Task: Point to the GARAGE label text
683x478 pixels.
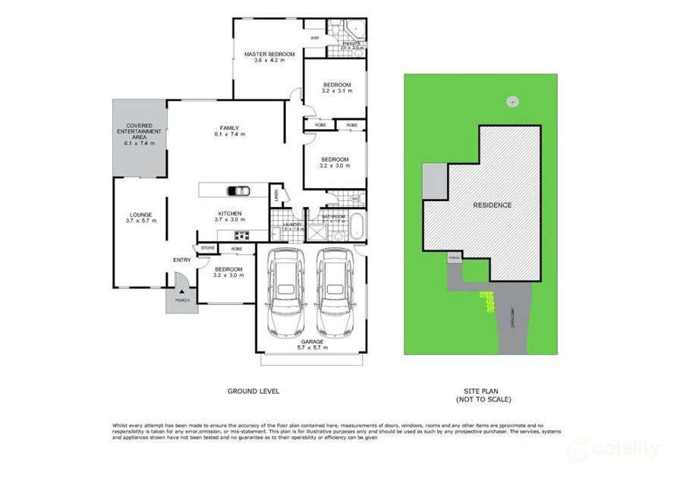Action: [x=312, y=344]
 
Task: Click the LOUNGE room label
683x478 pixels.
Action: [x=140, y=218]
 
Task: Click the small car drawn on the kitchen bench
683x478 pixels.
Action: [x=239, y=191]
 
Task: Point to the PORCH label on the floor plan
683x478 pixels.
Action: [x=182, y=301]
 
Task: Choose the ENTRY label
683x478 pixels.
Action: [x=182, y=260]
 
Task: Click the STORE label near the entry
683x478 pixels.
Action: [x=207, y=248]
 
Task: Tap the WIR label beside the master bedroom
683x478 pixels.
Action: [x=314, y=38]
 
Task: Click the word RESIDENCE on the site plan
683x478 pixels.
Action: [x=492, y=205]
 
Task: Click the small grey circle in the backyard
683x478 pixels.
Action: [x=511, y=100]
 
